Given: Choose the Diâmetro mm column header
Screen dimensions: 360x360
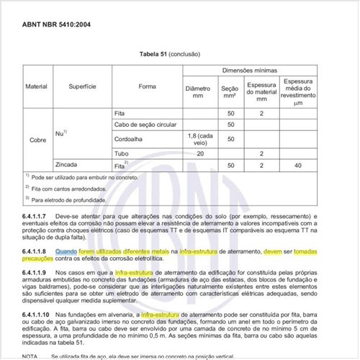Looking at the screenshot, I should point(199,94).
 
